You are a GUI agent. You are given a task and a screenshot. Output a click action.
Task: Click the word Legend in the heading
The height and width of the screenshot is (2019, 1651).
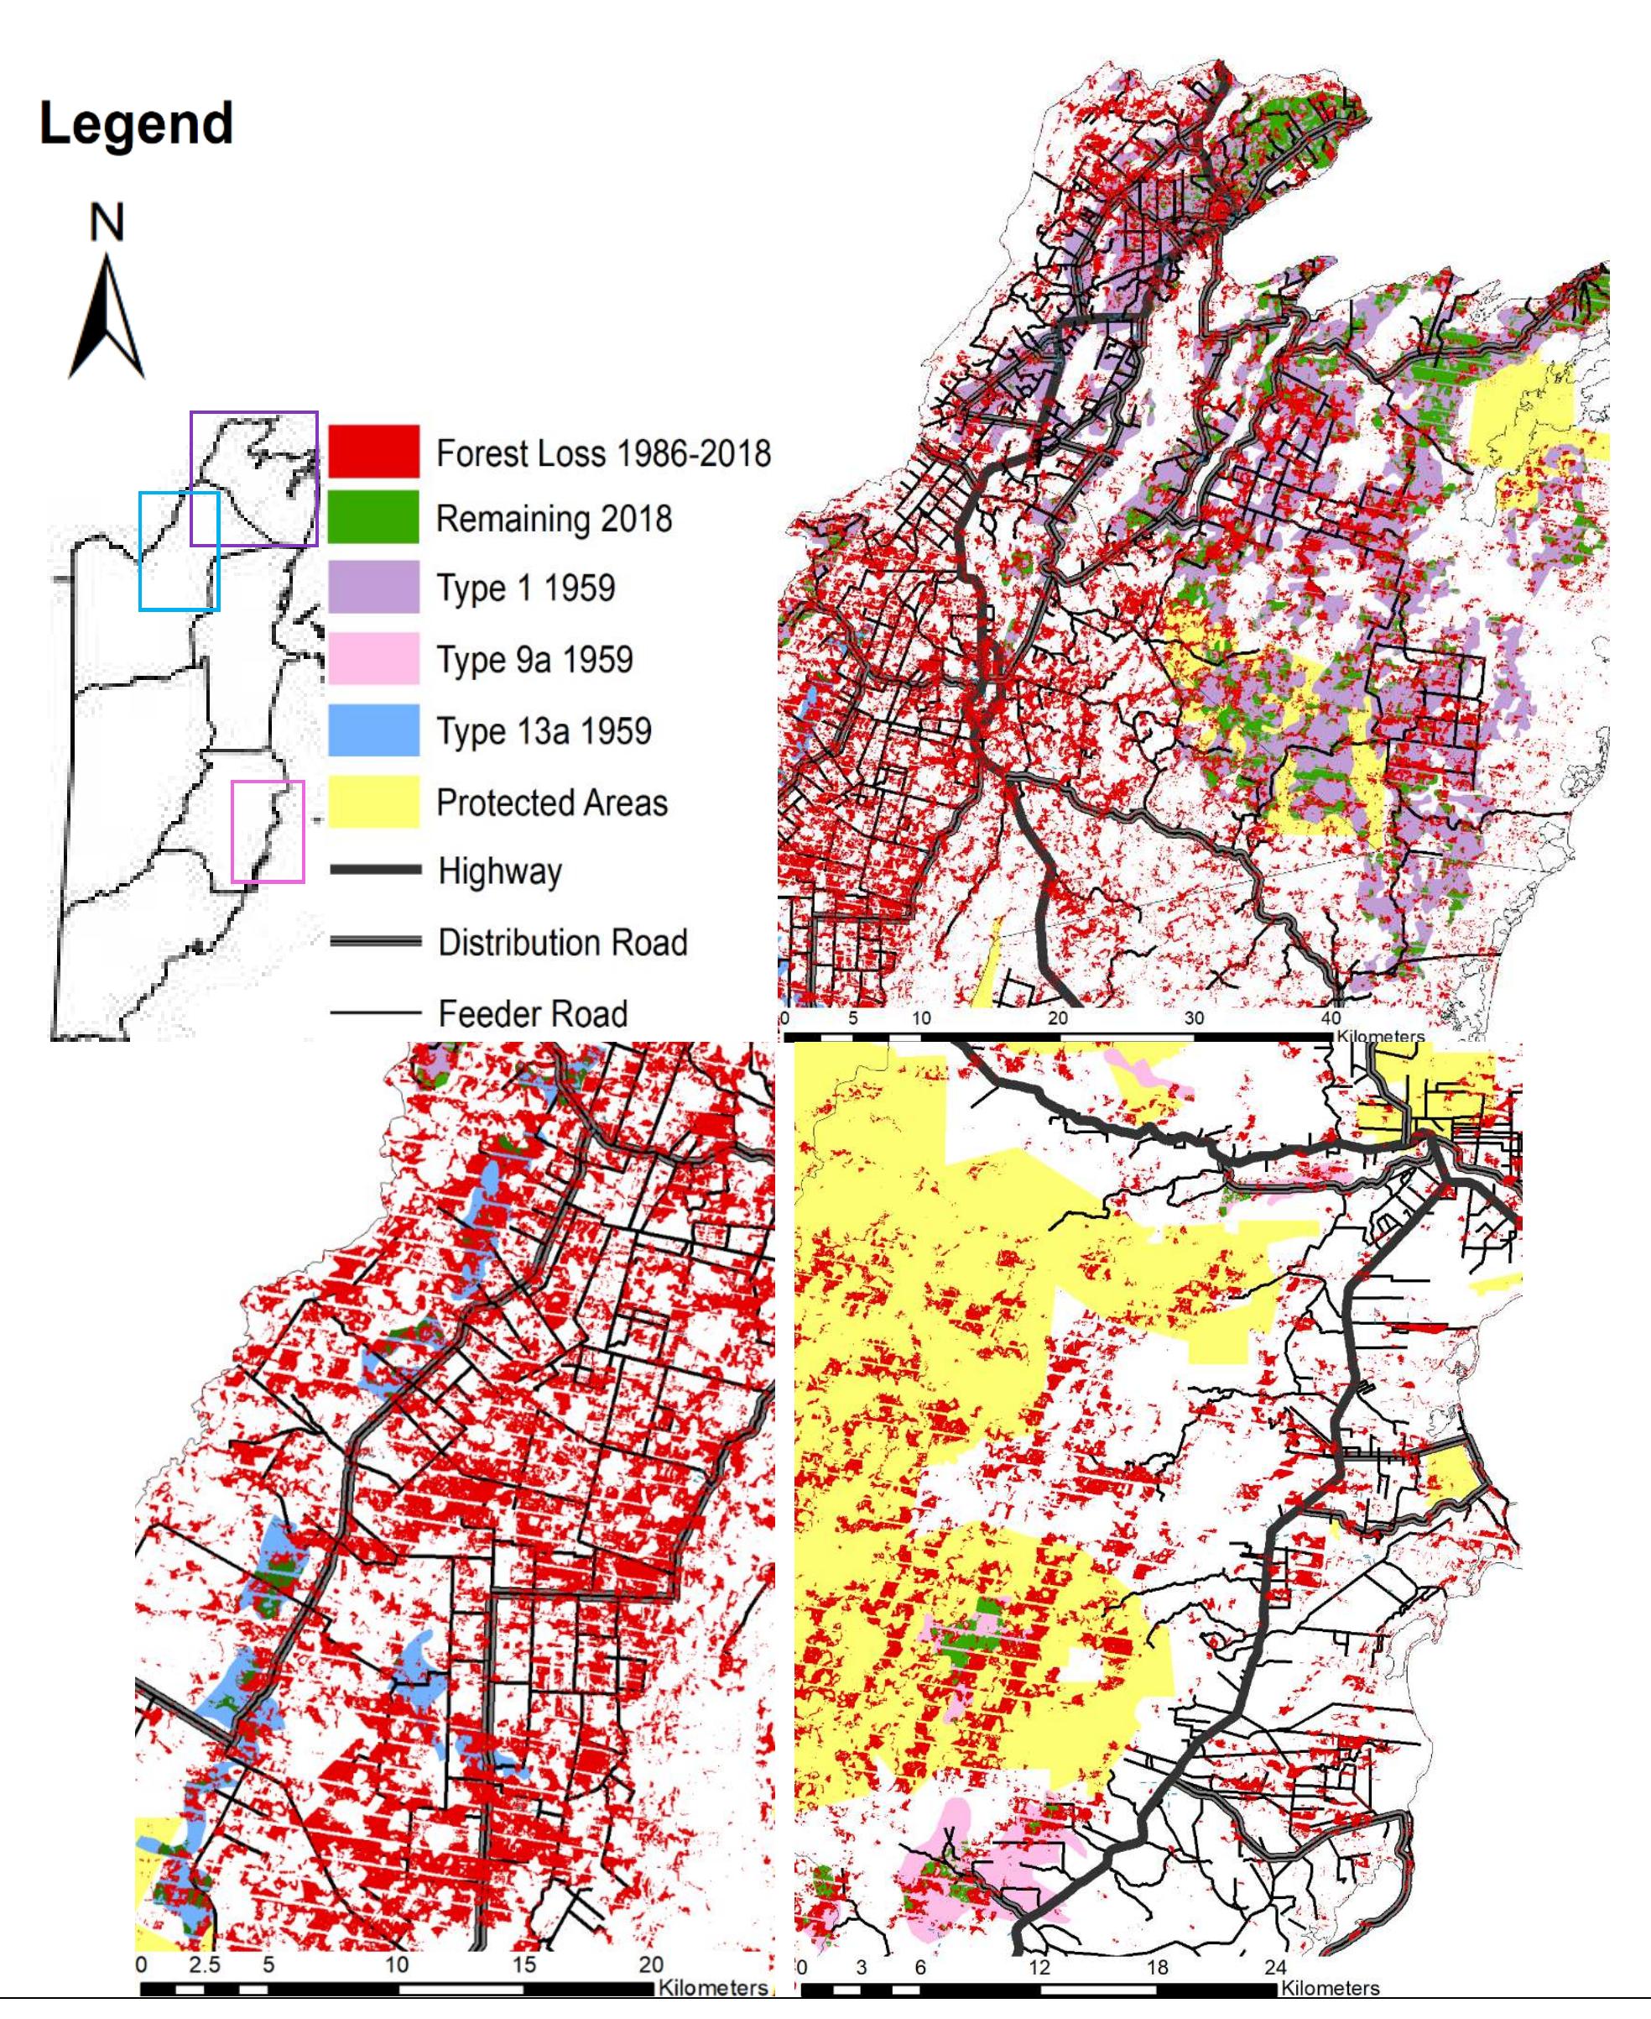click(136, 123)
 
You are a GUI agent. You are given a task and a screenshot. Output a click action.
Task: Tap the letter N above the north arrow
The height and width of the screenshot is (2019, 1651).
click(107, 222)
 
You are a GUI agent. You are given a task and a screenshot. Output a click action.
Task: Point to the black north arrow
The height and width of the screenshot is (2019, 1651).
click(107, 323)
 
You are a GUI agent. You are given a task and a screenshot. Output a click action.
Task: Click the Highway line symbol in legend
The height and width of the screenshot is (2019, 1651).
click(375, 869)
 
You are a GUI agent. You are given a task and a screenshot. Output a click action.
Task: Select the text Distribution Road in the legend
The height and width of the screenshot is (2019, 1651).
click(562, 942)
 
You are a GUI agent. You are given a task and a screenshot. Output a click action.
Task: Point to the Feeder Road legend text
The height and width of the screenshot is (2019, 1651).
click(533, 1013)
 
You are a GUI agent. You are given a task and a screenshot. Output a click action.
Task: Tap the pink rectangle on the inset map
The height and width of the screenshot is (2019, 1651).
click(268, 830)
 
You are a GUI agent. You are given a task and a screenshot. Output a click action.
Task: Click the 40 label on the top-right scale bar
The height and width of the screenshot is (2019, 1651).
click(1331, 1018)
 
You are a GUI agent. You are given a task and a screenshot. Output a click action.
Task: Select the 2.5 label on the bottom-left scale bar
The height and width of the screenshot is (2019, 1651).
click(204, 1964)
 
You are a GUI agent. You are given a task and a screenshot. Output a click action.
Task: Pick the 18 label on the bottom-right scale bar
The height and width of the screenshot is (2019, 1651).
click(1157, 1967)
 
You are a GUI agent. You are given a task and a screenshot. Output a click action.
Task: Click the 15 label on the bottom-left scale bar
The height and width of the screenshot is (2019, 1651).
click(523, 1964)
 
